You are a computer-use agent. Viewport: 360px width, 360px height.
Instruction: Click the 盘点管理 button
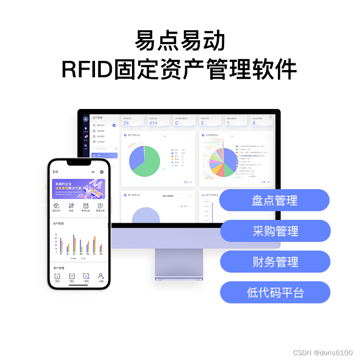(x=275, y=201)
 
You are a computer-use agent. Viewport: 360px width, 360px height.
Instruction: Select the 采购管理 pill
(x=275, y=231)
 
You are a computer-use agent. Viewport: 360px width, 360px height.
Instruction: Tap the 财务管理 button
(x=275, y=262)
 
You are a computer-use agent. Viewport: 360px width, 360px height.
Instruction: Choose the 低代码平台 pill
(x=275, y=292)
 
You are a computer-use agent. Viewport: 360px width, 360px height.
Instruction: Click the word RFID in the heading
(x=86, y=70)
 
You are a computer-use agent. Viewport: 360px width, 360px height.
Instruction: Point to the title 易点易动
(x=180, y=41)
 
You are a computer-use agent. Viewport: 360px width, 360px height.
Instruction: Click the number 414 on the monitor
(x=153, y=123)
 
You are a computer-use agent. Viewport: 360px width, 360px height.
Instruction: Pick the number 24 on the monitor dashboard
(x=126, y=123)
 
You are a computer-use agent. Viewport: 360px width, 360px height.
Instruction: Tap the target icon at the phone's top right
(x=102, y=171)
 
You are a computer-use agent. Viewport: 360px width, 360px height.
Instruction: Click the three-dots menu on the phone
(x=93, y=171)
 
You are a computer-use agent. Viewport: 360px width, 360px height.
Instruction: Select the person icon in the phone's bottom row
(x=101, y=276)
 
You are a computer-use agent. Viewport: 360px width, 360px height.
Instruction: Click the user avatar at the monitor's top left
(x=85, y=119)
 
